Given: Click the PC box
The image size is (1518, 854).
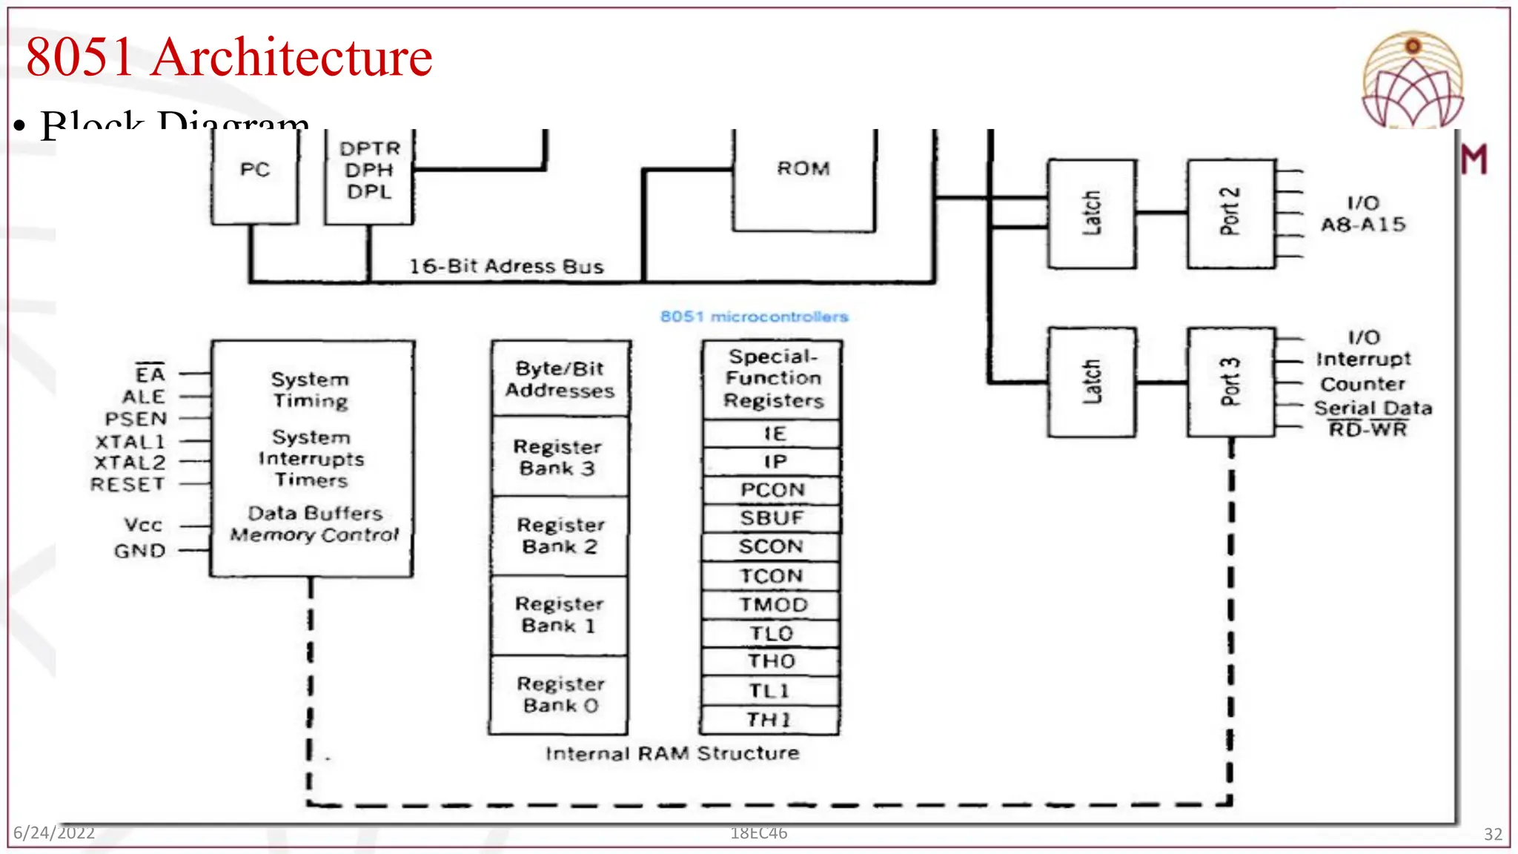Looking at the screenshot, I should point(254,176).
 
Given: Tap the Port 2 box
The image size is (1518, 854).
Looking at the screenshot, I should point(1230,213).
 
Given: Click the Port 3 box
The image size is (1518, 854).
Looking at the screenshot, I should point(1230,382).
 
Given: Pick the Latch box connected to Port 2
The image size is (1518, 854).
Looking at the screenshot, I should point(1091,213).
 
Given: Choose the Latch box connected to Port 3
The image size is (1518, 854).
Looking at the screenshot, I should point(1091,382).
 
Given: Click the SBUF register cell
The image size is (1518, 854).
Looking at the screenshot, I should point(771,518).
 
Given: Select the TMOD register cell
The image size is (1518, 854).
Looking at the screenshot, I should point(771,605).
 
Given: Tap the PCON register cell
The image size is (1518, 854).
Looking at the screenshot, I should point(771,490).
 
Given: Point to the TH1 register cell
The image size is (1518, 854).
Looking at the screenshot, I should point(769,719).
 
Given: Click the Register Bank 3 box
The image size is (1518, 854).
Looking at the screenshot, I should point(559,457).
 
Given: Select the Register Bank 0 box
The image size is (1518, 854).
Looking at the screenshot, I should point(559,695).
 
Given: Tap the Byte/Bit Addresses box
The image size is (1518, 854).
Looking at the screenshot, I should point(560,380).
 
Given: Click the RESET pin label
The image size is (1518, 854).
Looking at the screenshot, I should point(127,484).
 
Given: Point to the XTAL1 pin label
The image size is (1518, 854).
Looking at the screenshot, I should point(130,442).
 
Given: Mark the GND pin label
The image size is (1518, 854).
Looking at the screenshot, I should point(139,551).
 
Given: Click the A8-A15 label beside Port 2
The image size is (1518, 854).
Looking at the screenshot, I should point(1362,225).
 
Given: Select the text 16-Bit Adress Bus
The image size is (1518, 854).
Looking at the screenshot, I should point(506,266).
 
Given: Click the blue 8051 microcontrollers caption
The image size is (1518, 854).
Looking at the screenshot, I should point(754,317).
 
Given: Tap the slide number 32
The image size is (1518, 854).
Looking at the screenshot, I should point(1493,834).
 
